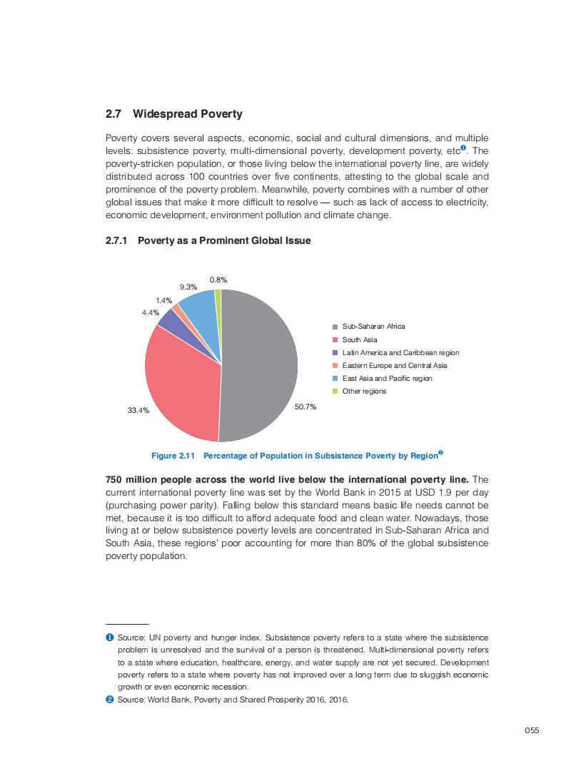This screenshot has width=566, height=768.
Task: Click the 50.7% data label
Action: tap(305, 406)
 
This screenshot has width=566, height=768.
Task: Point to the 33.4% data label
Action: tap(138, 411)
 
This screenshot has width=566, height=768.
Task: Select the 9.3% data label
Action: tap(188, 287)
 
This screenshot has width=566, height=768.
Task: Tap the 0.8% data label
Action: tap(218, 280)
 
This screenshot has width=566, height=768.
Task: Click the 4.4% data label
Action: tap(150, 312)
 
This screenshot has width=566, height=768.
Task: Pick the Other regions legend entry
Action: tap(363, 391)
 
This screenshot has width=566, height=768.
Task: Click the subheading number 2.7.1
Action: tap(116, 241)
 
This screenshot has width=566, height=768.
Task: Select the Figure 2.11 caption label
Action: tap(173, 456)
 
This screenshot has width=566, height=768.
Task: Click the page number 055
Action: tap(531, 729)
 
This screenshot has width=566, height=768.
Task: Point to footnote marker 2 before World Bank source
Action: tap(110, 700)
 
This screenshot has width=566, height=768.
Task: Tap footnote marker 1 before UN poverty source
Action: tap(110, 637)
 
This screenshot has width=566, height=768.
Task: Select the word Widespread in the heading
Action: tap(170, 114)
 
